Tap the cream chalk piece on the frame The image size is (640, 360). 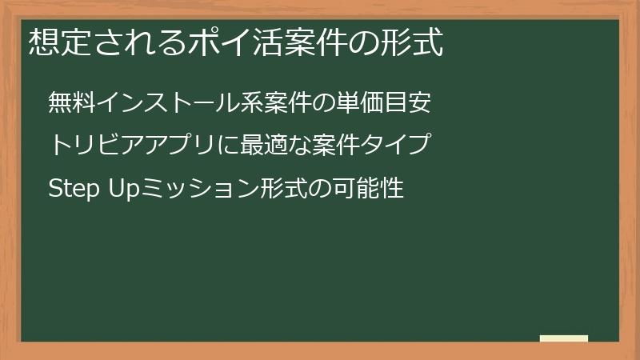[564, 339]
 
